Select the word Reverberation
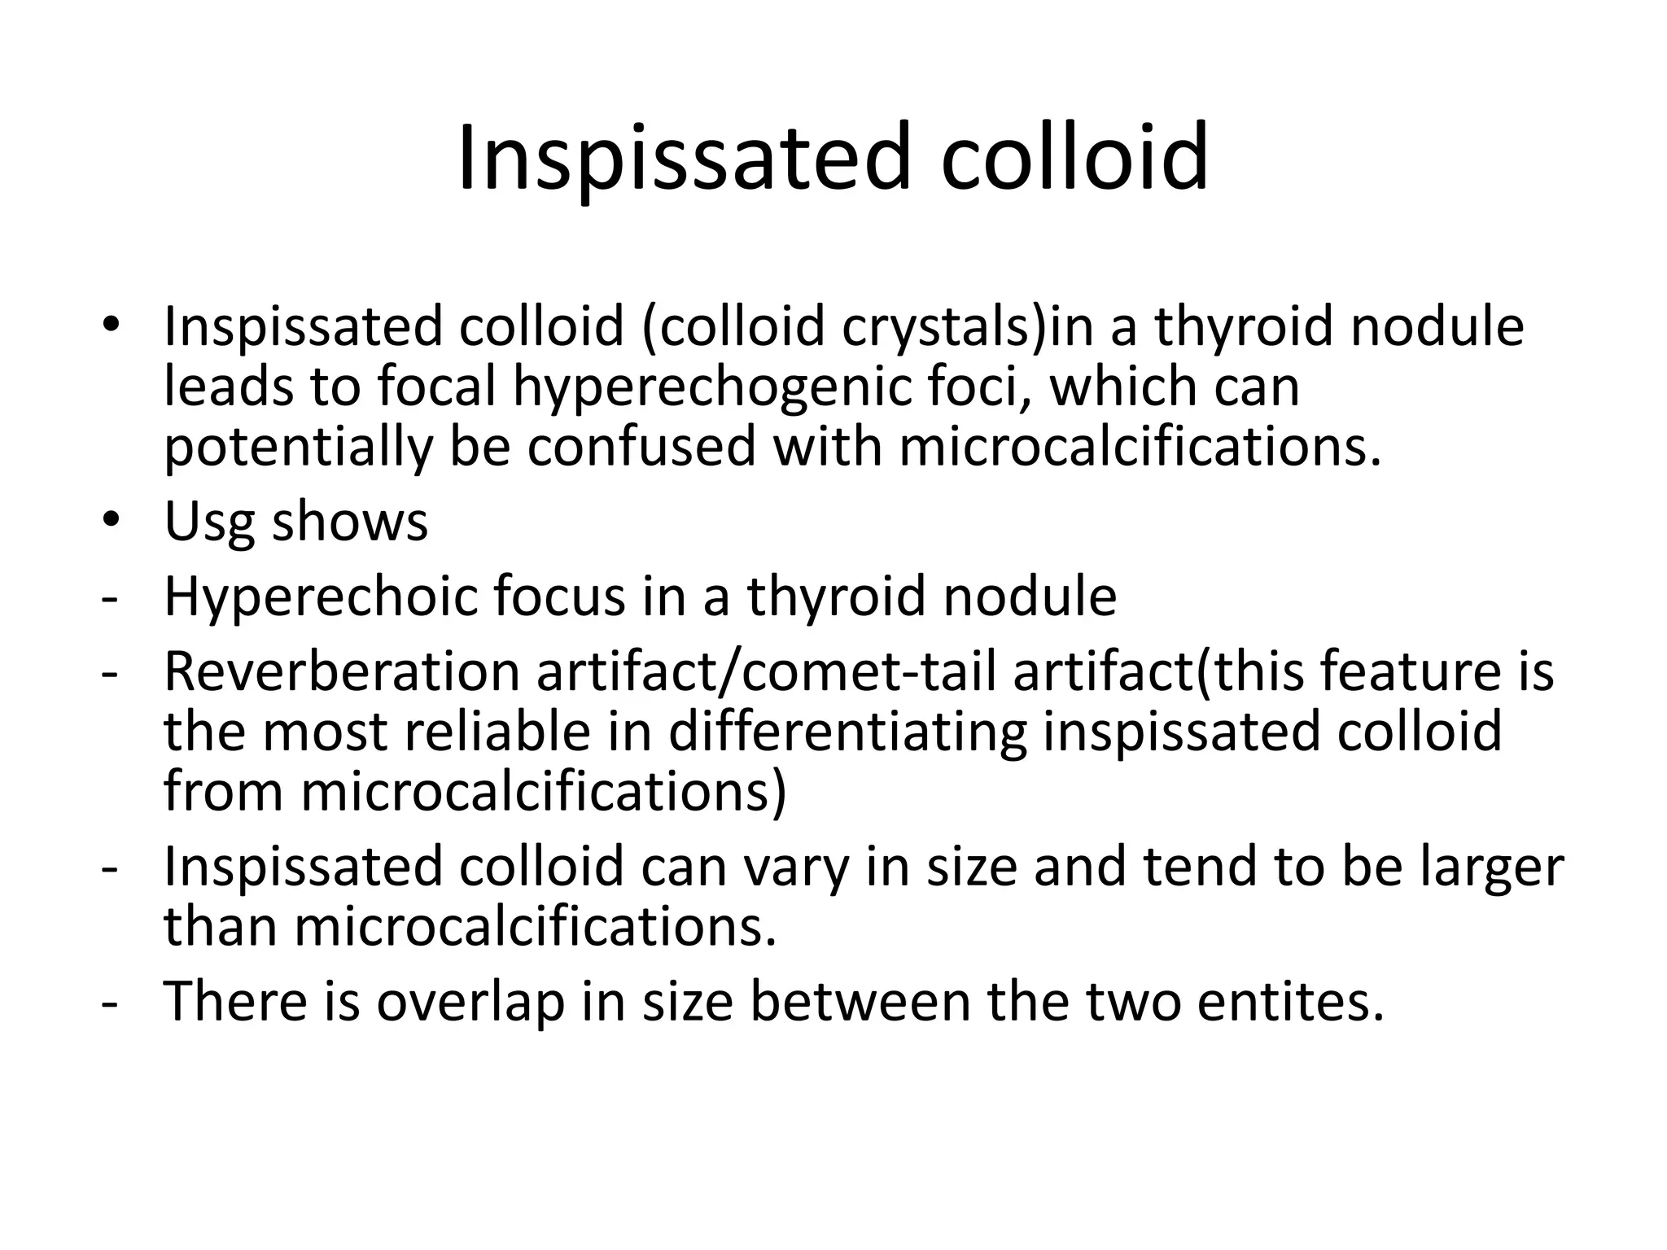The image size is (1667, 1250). click(x=342, y=672)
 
